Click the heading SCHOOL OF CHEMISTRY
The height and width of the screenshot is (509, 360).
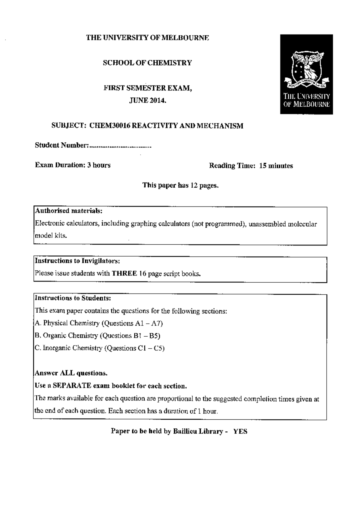[x=147, y=63]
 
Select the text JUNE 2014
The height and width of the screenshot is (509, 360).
[x=147, y=101]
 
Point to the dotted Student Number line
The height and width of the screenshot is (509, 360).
[x=120, y=146]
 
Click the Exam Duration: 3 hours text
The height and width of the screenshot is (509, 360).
[x=73, y=165]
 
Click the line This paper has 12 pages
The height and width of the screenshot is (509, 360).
[x=180, y=185]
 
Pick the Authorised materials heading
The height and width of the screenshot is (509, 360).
[x=69, y=211]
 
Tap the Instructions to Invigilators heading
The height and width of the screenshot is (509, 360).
[x=77, y=261]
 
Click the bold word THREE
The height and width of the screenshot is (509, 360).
[x=124, y=273]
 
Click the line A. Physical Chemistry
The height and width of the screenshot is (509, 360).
[x=99, y=323]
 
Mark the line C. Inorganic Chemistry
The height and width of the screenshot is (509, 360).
[x=100, y=348]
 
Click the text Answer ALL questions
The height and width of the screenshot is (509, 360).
[x=71, y=373]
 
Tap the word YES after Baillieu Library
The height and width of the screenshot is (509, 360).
[x=240, y=432]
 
